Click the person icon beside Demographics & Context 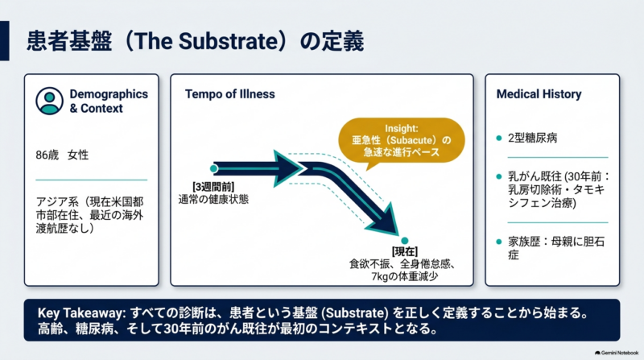pos(49,101)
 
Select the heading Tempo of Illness pos(229,94)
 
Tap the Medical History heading pos(539,94)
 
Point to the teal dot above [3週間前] pos(213,168)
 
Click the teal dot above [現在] pos(405,241)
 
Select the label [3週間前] pos(213,187)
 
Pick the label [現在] pos(405,251)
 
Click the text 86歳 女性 pos(62,155)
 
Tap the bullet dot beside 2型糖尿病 pos(499,138)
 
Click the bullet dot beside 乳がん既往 pos(499,176)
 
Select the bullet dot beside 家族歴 pos(499,242)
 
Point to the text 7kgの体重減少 pos(405,276)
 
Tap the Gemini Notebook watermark pos(617,353)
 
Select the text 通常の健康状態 pos(213,199)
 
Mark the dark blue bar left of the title pos(5,41)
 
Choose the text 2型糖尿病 pos(533,138)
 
